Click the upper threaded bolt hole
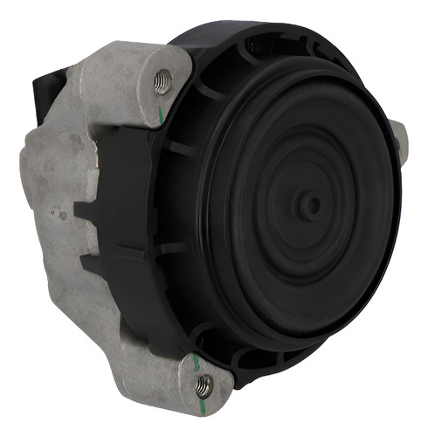pos(162,83)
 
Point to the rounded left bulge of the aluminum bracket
pos(35,170)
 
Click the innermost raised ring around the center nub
pos(311,206)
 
